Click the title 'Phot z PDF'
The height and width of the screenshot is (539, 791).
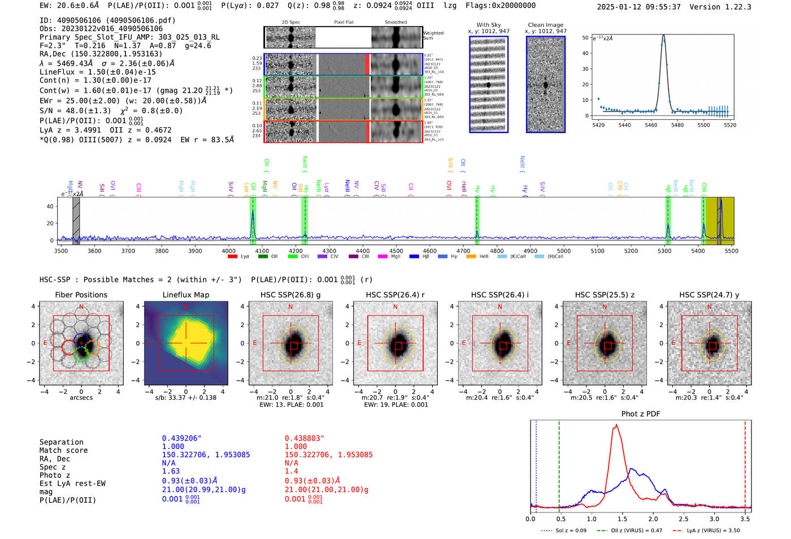641,414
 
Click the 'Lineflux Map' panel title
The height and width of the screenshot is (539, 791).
185,295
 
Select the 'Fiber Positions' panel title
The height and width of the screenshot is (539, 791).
81,295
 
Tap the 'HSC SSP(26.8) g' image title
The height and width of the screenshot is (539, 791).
290,295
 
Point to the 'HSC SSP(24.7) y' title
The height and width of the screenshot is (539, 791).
709,295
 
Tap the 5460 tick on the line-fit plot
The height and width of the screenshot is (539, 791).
651,125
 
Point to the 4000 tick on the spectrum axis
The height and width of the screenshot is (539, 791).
229,251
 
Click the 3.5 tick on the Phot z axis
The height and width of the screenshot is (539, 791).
745,519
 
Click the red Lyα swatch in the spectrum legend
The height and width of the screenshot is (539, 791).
232,257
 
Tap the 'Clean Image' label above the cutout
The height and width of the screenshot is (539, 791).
545,25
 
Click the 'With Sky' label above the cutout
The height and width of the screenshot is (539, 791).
488,25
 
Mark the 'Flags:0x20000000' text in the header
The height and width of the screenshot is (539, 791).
501,6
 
